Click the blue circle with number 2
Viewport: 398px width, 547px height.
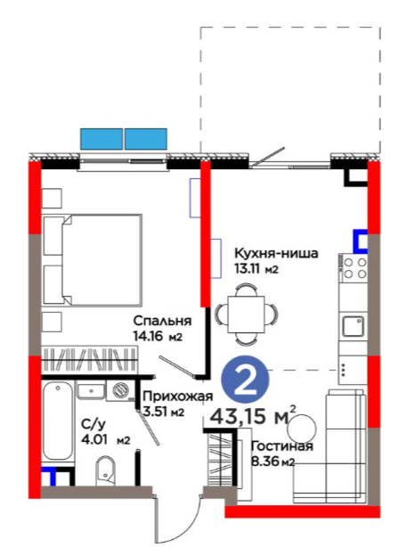(246, 380)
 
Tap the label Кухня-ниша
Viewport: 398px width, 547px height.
(276, 253)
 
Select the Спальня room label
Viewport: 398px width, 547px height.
(162, 321)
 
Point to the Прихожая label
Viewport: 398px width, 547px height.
(178, 396)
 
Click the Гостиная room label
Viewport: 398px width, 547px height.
(282, 446)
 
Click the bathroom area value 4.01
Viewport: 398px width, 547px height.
(95, 440)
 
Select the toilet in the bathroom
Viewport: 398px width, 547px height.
(105, 469)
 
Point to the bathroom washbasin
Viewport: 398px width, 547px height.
(91, 391)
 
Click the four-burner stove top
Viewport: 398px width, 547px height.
(353, 268)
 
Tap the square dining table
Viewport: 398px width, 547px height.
(246, 314)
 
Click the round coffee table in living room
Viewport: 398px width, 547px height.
(302, 428)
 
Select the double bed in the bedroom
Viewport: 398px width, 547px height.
(93, 260)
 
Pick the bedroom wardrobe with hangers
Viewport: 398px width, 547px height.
(90, 359)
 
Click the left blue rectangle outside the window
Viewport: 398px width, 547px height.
(102, 139)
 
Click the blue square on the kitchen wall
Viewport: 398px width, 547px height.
(361, 241)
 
